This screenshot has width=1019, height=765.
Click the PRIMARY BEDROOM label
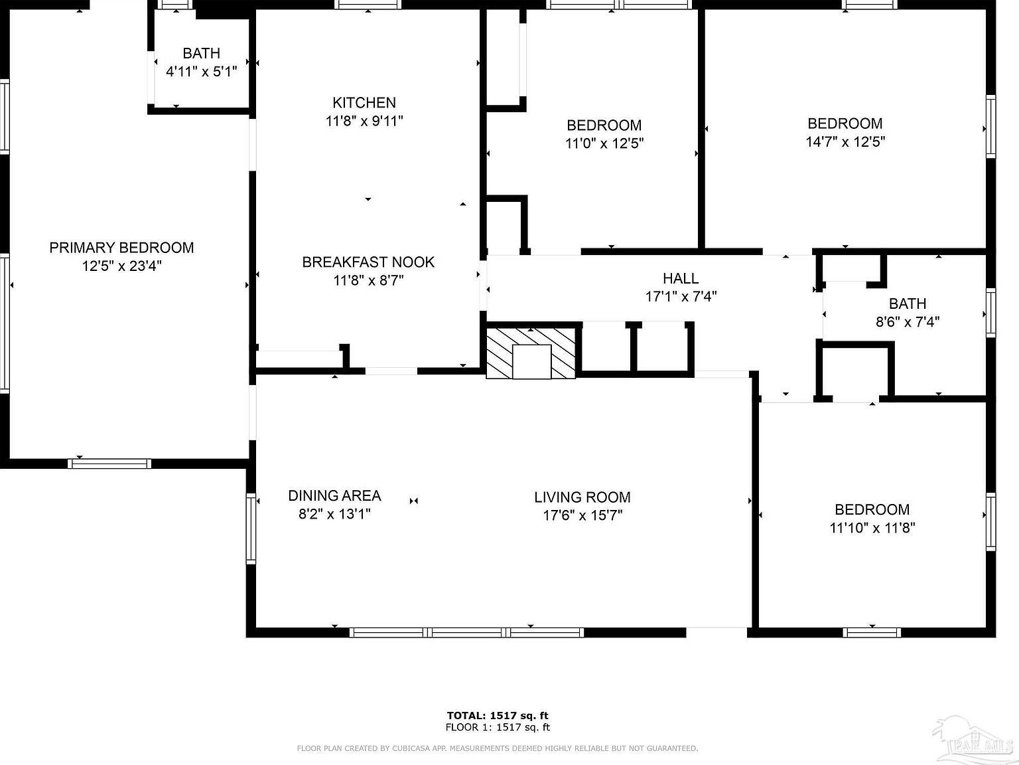click(x=121, y=248)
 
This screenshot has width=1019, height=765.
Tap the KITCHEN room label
click(x=364, y=102)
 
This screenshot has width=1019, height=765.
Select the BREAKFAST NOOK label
click(x=368, y=262)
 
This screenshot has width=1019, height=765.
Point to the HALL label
click(x=681, y=278)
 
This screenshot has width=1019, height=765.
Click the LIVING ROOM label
click(x=582, y=497)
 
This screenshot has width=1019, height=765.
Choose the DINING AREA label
click(x=334, y=495)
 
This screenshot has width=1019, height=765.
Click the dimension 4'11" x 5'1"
click(x=201, y=71)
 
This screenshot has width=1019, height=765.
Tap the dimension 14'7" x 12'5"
click(x=845, y=141)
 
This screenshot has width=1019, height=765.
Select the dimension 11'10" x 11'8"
click(x=872, y=528)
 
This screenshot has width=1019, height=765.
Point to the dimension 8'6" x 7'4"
click(x=907, y=322)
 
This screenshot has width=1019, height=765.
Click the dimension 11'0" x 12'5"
click(x=604, y=143)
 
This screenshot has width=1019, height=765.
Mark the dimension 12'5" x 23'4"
click(x=121, y=266)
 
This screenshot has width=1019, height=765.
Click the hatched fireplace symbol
click(x=531, y=353)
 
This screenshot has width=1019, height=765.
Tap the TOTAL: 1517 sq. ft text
click(x=498, y=715)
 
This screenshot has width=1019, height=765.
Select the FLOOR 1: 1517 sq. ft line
click(x=498, y=727)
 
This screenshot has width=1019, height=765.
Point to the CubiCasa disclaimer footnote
click(x=498, y=748)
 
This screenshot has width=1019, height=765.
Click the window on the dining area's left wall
click(x=251, y=528)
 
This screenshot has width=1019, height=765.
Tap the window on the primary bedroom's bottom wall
click(x=109, y=464)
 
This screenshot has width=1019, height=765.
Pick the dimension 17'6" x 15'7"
click(x=582, y=515)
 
